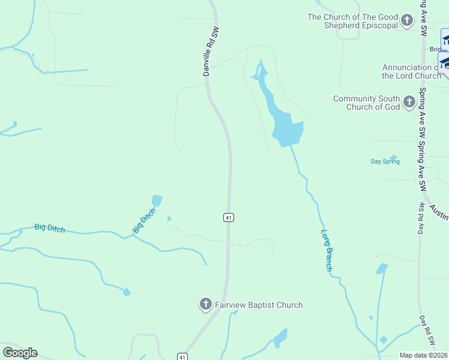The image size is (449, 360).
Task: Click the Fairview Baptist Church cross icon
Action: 205,305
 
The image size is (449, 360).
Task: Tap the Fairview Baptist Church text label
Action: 258,305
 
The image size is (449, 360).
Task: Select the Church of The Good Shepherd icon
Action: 408,21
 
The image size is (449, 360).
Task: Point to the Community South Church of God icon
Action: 409,102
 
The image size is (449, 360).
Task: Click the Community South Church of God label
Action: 366,103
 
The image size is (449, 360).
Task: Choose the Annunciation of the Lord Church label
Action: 411,72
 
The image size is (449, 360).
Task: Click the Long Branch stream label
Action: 327,250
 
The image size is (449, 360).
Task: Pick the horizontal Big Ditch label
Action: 49,228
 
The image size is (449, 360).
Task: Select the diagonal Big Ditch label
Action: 143,220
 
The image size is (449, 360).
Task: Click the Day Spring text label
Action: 385,161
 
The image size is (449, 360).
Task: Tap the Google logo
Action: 20,353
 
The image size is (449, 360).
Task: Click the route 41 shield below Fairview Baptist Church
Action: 182,356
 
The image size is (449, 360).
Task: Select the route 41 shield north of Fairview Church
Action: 229,218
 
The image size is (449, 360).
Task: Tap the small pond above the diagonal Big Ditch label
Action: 157,200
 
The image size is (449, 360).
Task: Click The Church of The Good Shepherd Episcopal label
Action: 353,21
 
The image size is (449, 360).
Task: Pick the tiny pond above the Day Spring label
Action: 393,157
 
